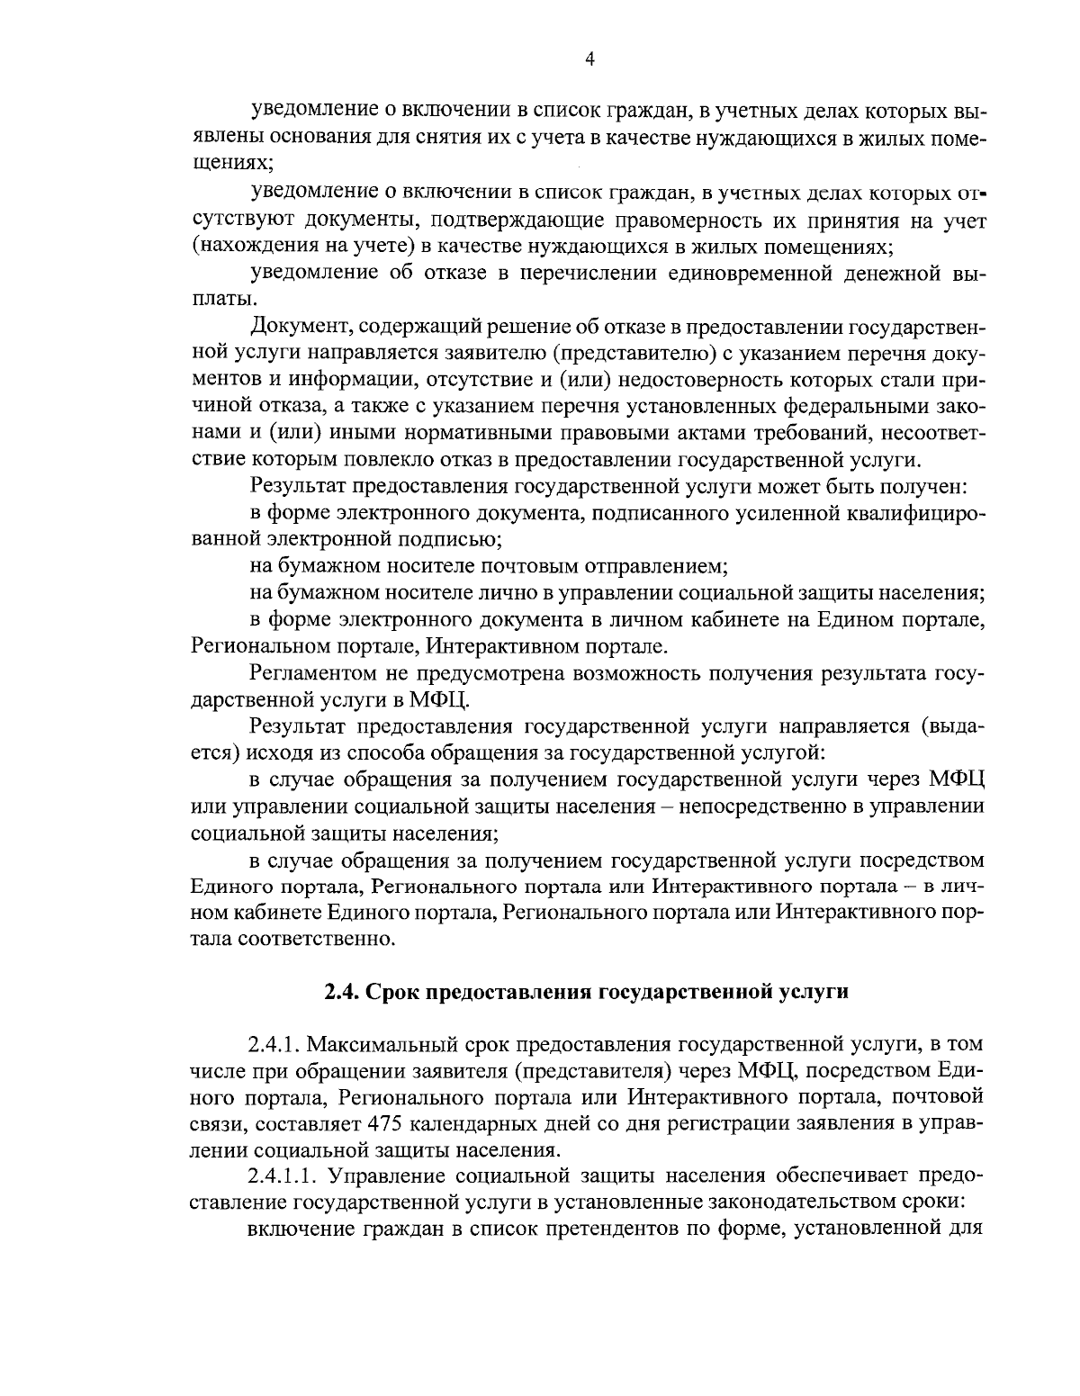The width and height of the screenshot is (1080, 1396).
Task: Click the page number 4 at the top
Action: (589, 59)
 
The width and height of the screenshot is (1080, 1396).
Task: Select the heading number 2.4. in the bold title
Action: (342, 993)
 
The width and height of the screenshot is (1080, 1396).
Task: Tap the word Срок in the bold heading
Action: (393, 993)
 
